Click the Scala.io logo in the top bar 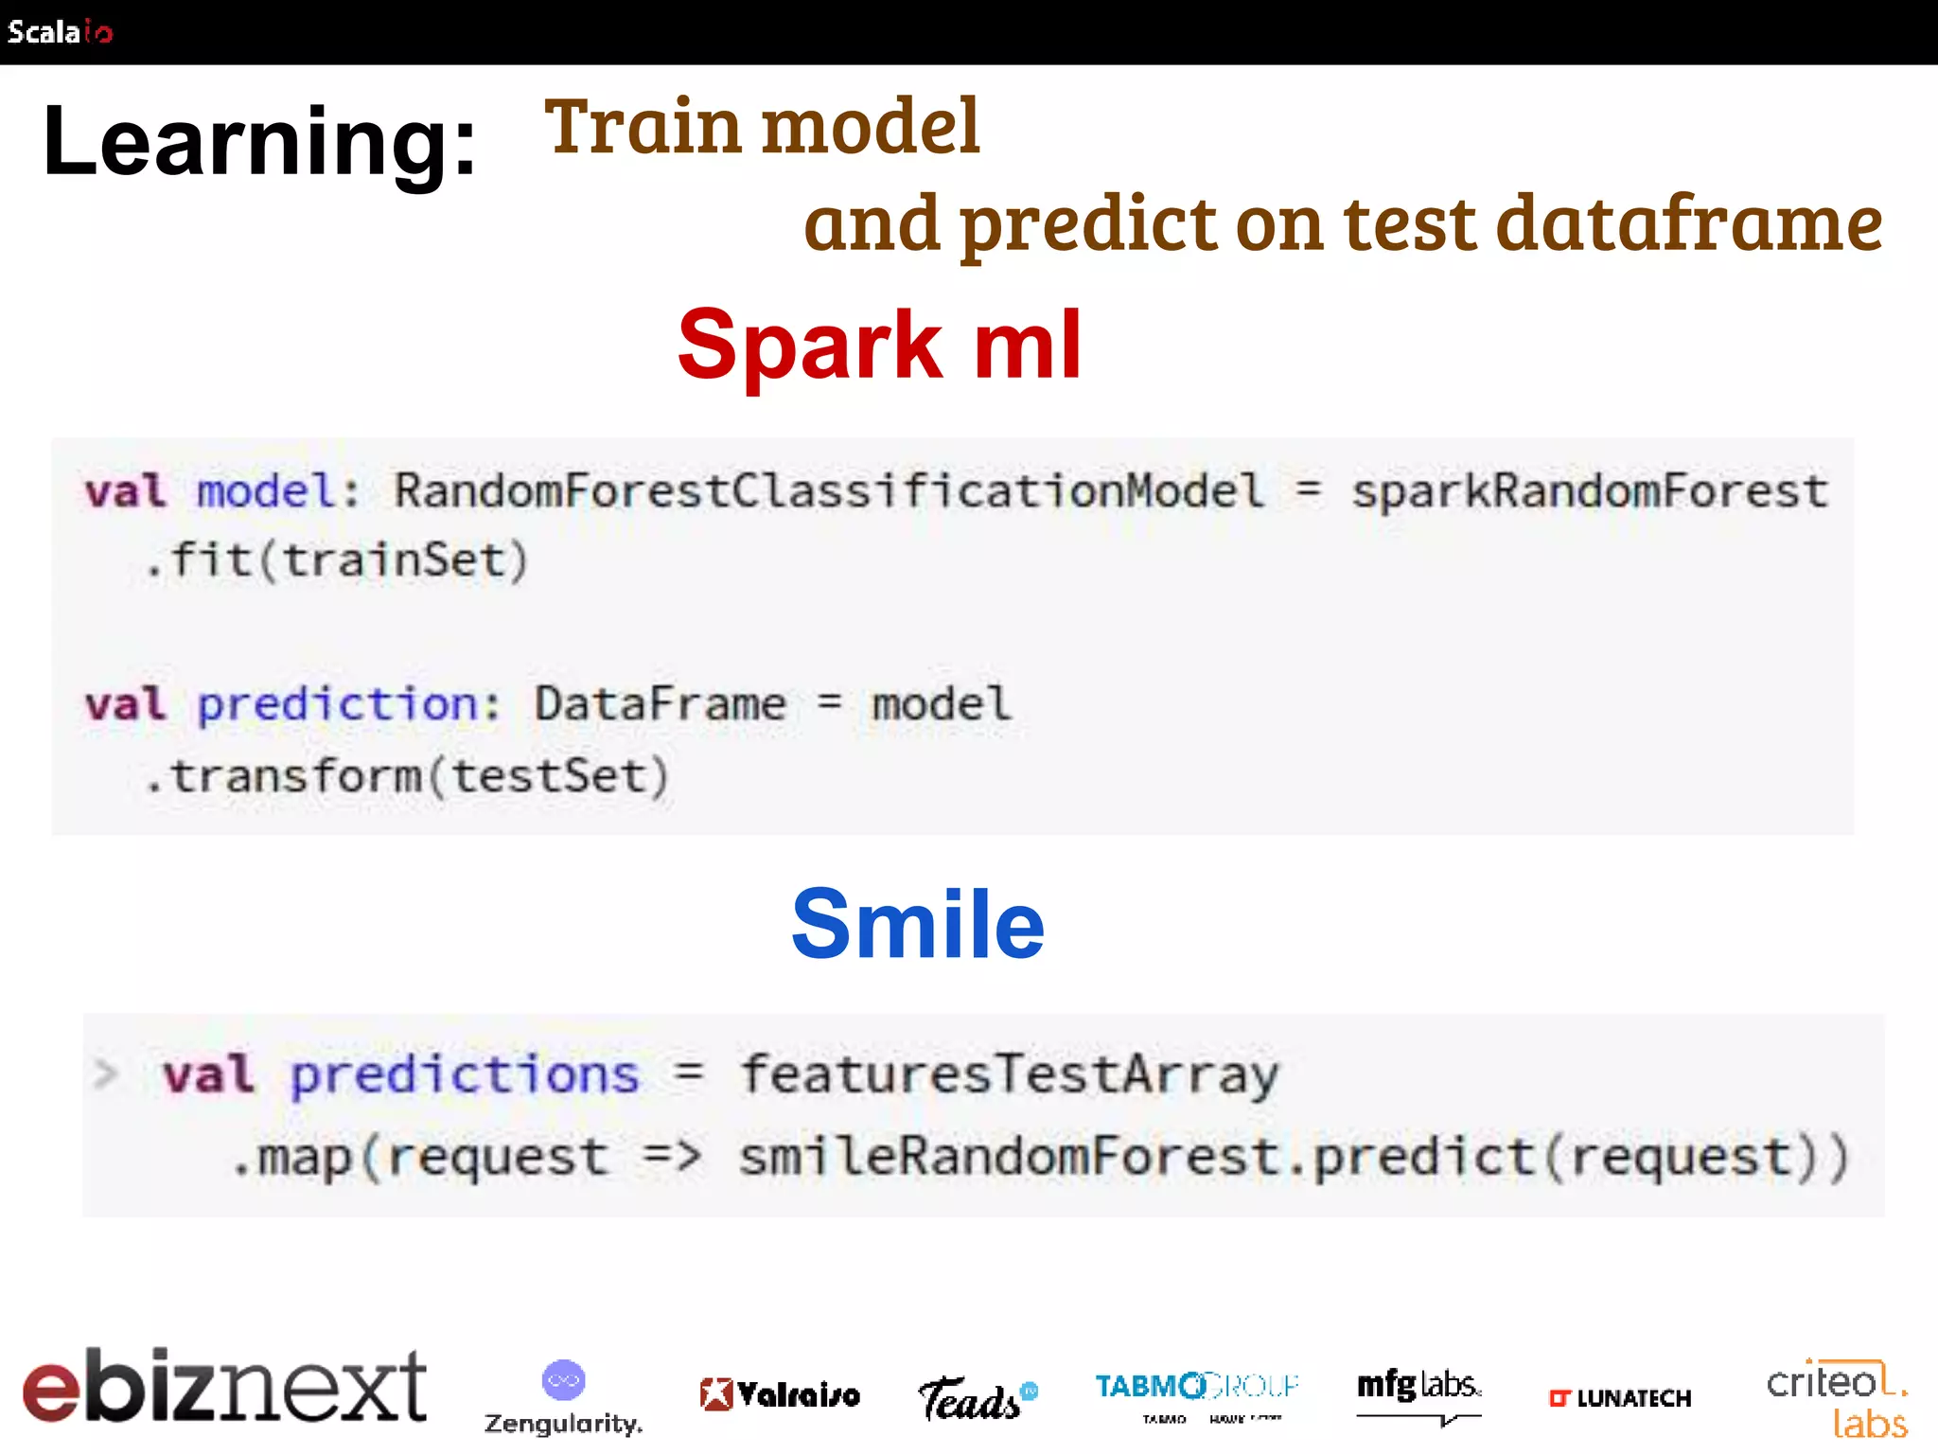pos(59,31)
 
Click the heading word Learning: pos(259,142)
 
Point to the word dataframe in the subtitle pos(1689,223)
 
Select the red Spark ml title pos(879,346)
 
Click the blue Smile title pos(917,924)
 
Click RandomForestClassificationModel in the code pos(829,491)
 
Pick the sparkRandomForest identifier pos(1589,491)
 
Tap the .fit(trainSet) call pos(336,560)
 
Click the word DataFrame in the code pos(660,704)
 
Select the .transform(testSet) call pos(407,776)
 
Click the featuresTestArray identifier pos(1009,1075)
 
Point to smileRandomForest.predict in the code pos(1136,1157)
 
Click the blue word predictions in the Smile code pos(465,1075)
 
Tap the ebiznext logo pos(224,1387)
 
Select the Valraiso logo pos(780,1394)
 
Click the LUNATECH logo pos(1619,1398)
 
